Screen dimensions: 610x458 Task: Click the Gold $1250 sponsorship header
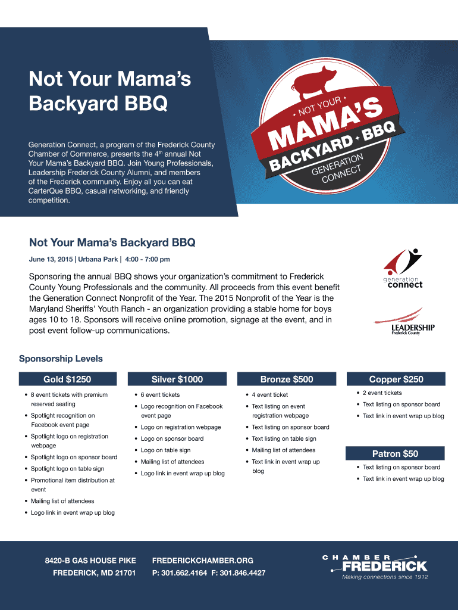point(67,379)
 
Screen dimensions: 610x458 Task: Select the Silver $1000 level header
point(177,379)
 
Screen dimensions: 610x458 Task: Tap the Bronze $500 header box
point(286,379)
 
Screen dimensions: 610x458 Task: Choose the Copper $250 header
point(396,379)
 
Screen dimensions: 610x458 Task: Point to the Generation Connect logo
point(403,269)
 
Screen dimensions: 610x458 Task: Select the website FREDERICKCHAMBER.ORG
point(203,561)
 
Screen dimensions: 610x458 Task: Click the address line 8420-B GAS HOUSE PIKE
point(90,561)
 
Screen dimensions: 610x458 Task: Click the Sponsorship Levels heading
point(61,359)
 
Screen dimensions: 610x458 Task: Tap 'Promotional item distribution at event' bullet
point(73,484)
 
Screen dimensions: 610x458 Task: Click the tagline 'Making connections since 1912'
point(384,577)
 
